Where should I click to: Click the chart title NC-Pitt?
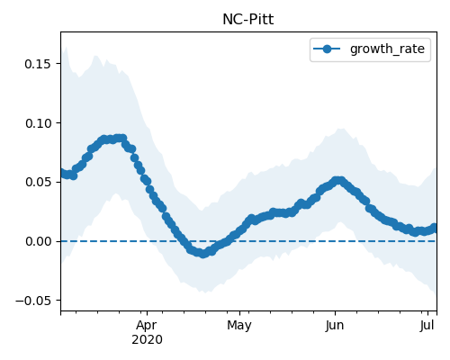pyautogui.click(x=248, y=20)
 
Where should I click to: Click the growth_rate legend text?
pyautogui.click(x=387, y=49)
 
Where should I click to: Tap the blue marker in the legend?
pyautogui.click(x=327, y=49)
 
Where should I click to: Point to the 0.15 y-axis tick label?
pyautogui.click(x=38, y=64)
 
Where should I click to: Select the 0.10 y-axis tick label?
pyautogui.click(x=38, y=123)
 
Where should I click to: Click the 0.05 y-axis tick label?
pyautogui.click(x=38, y=182)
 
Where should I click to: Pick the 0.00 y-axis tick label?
pyautogui.click(x=38, y=241)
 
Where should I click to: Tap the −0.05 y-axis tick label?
pyautogui.click(x=33, y=301)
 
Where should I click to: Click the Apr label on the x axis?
pyautogui.click(x=147, y=326)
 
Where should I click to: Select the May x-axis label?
pyautogui.click(x=239, y=326)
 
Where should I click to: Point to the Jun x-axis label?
pyautogui.click(x=335, y=326)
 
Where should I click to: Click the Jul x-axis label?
pyautogui.click(x=427, y=326)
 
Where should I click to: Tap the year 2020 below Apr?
pyautogui.click(x=147, y=340)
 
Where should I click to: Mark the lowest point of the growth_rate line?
pyautogui.click(x=203, y=254)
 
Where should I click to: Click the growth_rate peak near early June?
pyautogui.click(x=338, y=181)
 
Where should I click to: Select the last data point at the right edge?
pyautogui.click(x=435, y=228)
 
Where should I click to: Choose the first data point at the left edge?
pyautogui.click(x=62, y=173)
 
